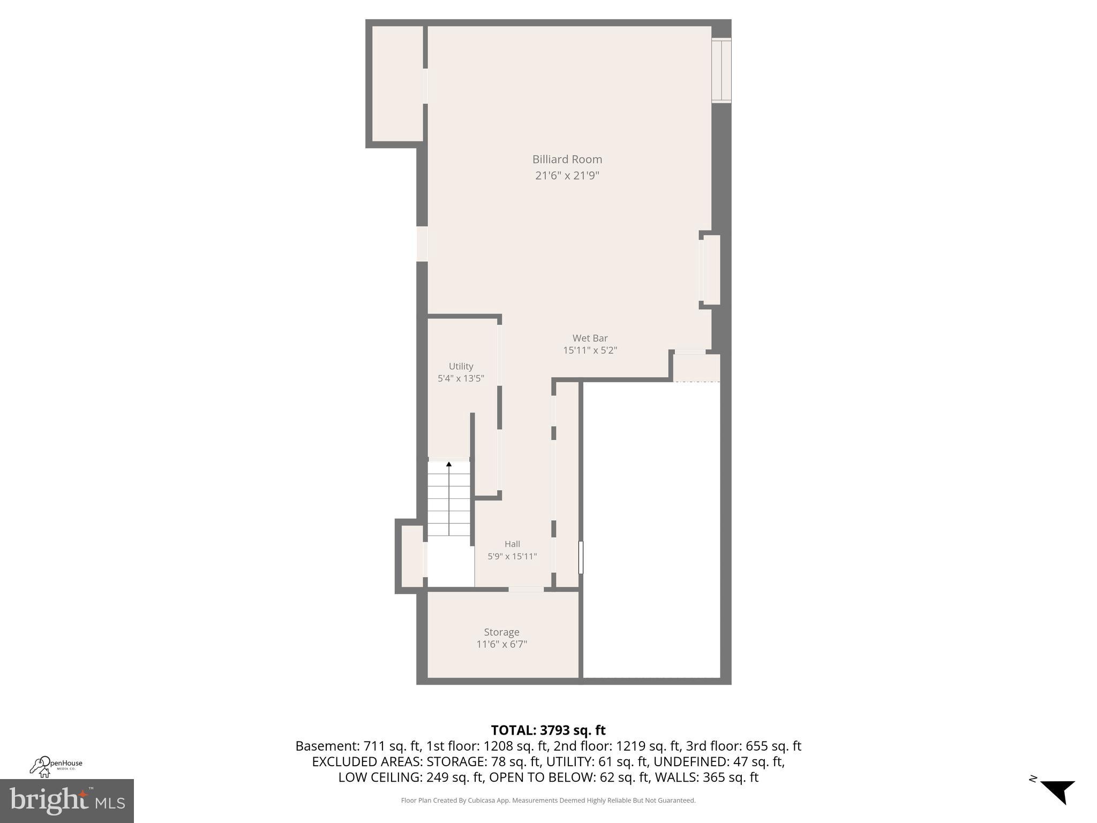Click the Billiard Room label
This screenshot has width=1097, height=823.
tap(567, 159)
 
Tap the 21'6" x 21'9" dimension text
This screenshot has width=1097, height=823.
tap(567, 176)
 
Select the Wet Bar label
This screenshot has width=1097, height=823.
tap(590, 338)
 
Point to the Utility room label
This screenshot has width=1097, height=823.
tap(461, 366)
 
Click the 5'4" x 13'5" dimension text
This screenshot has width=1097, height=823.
tap(461, 378)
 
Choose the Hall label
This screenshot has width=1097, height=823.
tap(512, 544)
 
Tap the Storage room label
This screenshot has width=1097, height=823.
tap(501, 632)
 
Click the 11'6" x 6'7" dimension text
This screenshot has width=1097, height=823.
tap(501, 645)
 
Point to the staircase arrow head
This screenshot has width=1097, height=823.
tap(449, 464)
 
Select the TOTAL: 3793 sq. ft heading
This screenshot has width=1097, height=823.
tap(548, 730)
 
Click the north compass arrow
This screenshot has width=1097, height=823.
tap(1058, 791)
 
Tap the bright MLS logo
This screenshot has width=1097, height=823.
tap(67, 800)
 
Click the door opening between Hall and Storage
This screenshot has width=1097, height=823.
tap(526, 589)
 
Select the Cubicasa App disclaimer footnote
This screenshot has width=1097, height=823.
tap(548, 800)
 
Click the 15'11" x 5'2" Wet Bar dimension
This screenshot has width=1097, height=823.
tap(590, 350)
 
